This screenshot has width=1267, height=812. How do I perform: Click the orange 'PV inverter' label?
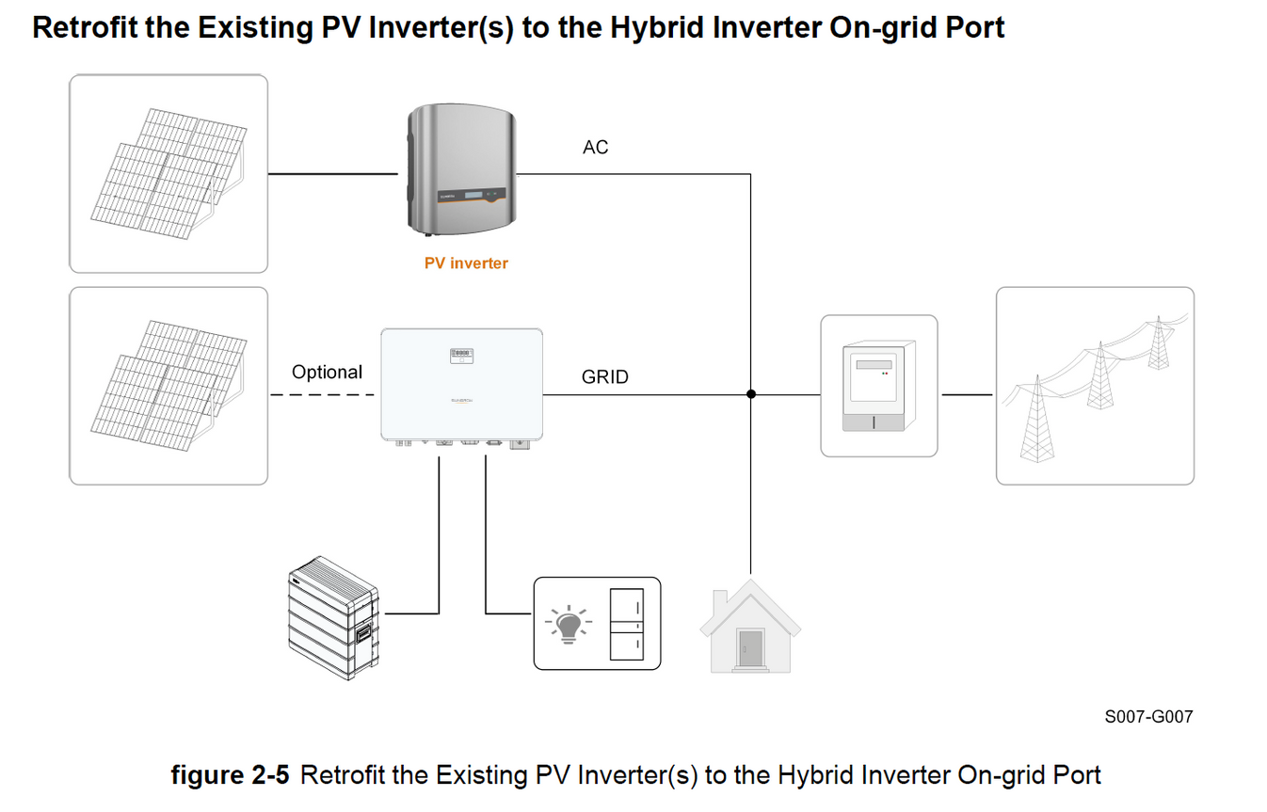[x=466, y=263]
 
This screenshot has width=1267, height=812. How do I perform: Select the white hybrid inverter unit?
[x=461, y=386]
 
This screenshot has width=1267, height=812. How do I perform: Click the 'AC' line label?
[x=595, y=148]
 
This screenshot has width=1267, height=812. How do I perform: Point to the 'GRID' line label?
[x=604, y=377]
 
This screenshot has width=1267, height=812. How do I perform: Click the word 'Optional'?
[x=327, y=373]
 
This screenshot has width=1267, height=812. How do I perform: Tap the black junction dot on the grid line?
[x=751, y=394]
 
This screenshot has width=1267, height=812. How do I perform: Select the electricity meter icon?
[x=878, y=387]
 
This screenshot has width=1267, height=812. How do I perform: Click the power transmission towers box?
[x=1095, y=386]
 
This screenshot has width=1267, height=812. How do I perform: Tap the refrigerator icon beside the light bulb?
[x=627, y=624]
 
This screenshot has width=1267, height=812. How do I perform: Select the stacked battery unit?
[x=333, y=618]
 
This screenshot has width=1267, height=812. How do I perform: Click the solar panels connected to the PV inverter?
[x=169, y=174]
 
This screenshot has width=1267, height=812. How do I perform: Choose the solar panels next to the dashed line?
[x=169, y=387]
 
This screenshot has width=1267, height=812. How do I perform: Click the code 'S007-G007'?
[x=1148, y=717]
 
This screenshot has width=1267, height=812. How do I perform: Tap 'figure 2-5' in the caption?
[x=232, y=776]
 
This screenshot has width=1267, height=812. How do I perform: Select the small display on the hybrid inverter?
[x=461, y=356]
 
